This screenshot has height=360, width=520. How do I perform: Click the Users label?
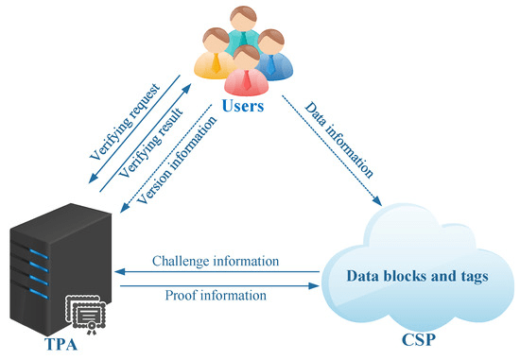[243, 106]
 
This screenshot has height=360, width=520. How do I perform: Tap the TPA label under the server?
[61, 344]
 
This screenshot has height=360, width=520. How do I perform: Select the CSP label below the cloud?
[419, 339]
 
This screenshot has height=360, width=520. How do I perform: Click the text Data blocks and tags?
[417, 276]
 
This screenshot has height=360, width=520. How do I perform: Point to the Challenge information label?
[216, 261]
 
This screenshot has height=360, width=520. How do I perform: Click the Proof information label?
[216, 295]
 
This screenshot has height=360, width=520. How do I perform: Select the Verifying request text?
[125, 122]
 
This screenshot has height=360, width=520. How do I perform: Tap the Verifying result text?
[151, 143]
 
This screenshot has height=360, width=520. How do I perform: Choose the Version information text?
[177, 160]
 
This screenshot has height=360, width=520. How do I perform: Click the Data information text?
[338, 140]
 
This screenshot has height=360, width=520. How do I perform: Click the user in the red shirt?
[246, 71]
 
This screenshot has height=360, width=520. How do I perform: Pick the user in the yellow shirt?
[215, 54]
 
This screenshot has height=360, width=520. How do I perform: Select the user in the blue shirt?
[272, 55]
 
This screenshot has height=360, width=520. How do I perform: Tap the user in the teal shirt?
[243, 28]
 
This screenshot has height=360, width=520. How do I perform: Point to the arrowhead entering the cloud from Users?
[377, 201]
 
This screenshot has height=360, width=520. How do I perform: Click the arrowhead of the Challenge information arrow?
[120, 272]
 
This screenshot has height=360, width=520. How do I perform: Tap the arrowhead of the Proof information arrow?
[313, 285]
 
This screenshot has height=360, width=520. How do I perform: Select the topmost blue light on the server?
[39, 254]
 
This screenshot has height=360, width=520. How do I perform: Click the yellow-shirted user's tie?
[217, 63]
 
